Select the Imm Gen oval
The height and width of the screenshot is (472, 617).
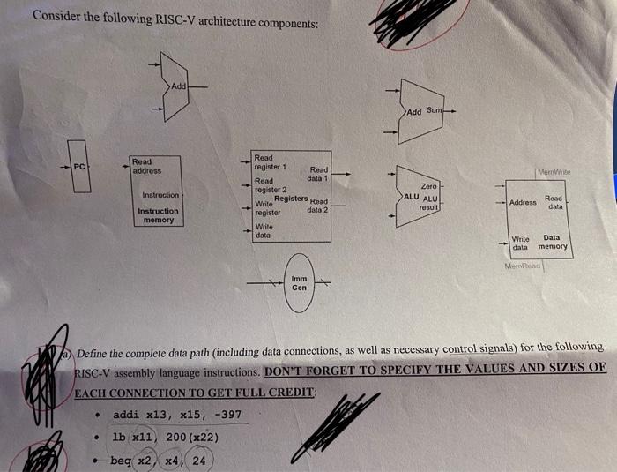[x=300, y=282]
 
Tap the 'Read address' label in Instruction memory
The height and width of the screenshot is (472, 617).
[x=142, y=166]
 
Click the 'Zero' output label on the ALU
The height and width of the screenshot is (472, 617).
[x=429, y=186]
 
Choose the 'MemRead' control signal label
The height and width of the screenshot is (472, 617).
[x=523, y=266]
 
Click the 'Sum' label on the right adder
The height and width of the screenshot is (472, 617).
[x=434, y=110]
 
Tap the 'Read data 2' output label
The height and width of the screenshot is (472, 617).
[x=317, y=206]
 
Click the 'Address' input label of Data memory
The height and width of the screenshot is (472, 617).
[x=523, y=203]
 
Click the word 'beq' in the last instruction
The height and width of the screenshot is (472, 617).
[x=121, y=461]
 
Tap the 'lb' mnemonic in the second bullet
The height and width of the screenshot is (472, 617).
[x=119, y=437]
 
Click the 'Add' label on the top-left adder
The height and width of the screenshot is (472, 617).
[x=178, y=86]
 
